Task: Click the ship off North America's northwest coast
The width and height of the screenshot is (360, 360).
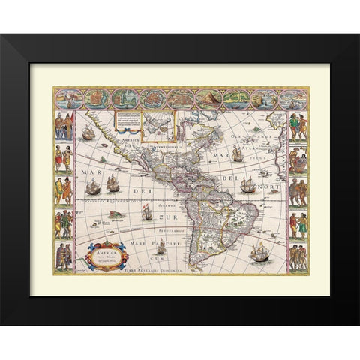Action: click(x=88, y=134)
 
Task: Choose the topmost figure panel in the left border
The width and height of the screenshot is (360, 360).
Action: click(x=64, y=125)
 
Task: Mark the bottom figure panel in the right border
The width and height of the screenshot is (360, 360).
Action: click(x=298, y=254)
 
